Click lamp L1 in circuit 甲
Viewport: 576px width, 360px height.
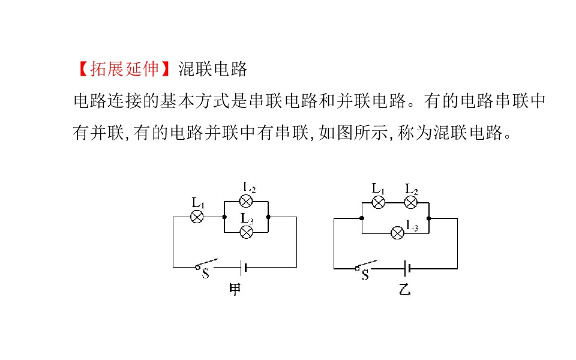click(x=197, y=217)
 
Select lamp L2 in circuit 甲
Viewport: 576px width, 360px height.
click(x=246, y=202)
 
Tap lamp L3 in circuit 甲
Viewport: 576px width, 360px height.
click(x=246, y=232)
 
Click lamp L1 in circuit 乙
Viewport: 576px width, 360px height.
click(x=379, y=202)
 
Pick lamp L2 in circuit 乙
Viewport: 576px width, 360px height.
click(x=410, y=202)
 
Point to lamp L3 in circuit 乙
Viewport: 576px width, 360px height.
click(x=397, y=233)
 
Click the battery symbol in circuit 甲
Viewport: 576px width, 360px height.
click(x=243, y=268)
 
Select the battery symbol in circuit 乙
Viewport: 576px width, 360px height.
click(x=407, y=269)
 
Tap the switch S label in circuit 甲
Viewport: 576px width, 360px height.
click(x=205, y=274)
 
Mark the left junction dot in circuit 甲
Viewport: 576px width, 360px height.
click(x=224, y=217)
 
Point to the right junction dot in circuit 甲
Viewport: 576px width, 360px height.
click(x=268, y=217)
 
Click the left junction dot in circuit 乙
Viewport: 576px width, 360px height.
click(x=362, y=218)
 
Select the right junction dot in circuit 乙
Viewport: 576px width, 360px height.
click(x=428, y=218)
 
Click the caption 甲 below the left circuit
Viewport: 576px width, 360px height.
click(x=235, y=289)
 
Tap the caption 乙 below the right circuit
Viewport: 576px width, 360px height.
click(x=404, y=290)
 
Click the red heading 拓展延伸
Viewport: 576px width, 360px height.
click(x=125, y=68)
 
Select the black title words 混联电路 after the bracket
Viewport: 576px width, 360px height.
click(x=213, y=68)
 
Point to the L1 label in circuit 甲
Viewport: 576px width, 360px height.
click(x=198, y=203)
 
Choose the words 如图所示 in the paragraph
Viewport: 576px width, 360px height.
click(x=353, y=132)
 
